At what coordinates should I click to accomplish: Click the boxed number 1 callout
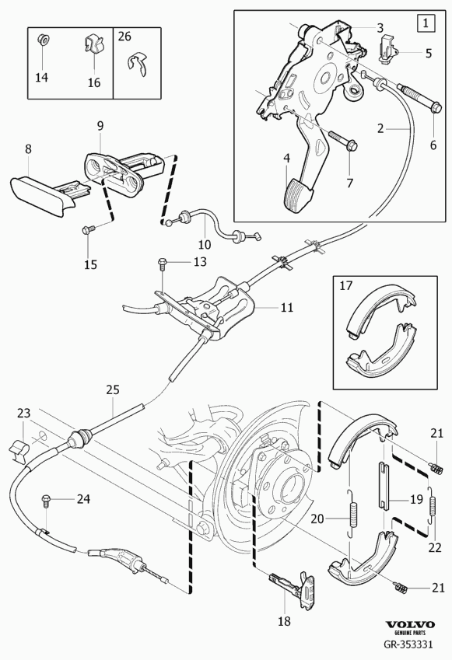426,23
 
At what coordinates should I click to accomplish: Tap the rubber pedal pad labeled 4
298,194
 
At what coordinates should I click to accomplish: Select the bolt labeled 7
342,141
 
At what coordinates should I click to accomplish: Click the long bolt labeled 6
419,97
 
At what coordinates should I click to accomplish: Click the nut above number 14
42,39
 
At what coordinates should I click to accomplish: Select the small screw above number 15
89,230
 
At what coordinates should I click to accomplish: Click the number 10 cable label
205,245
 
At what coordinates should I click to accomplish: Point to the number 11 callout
287,308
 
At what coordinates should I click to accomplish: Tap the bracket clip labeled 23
19,450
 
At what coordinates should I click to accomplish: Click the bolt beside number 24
45,501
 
